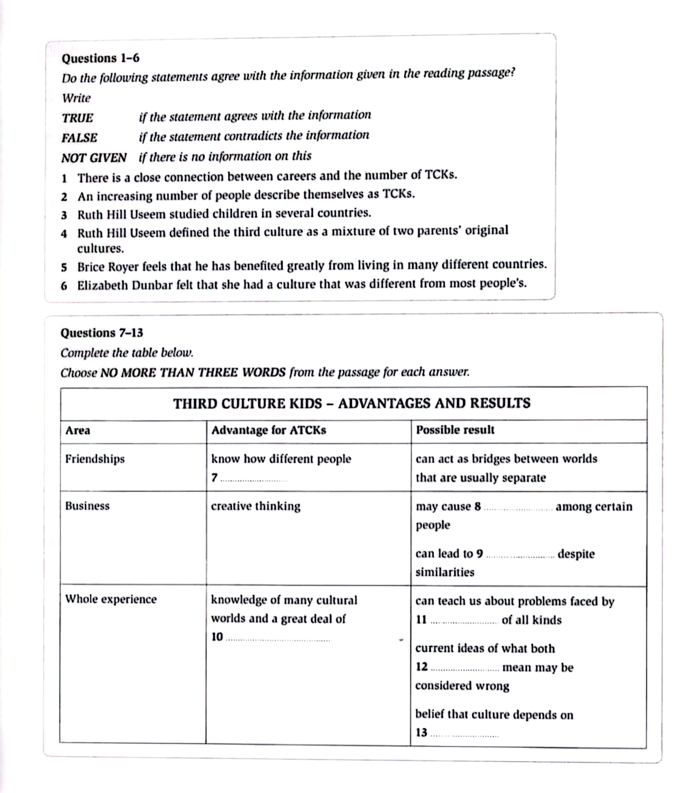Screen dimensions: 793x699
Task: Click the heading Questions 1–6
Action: pyautogui.click(x=100, y=58)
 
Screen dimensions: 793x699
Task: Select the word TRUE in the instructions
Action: pyautogui.click(x=78, y=118)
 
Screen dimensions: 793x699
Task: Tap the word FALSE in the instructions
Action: pyautogui.click(x=80, y=138)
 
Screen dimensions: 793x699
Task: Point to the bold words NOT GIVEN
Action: pyautogui.click(x=94, y=158)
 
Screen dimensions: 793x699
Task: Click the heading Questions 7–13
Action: pyautogui.click(x=102, y=333)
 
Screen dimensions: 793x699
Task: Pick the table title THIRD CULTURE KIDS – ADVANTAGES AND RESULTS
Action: pyautogui.click(x=352, y=403)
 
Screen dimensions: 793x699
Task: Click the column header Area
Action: pyautogui.click(x=78, y=430)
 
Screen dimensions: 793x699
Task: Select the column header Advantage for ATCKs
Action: pyautogui.click(x=269, y=430)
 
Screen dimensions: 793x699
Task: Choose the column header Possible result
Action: pyautogui.click(x=455, y=430)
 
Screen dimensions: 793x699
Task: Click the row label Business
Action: pyautogui.click(x=87, y=506)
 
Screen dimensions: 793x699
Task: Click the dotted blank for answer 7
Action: pyautogui.click(x=254, y=479)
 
